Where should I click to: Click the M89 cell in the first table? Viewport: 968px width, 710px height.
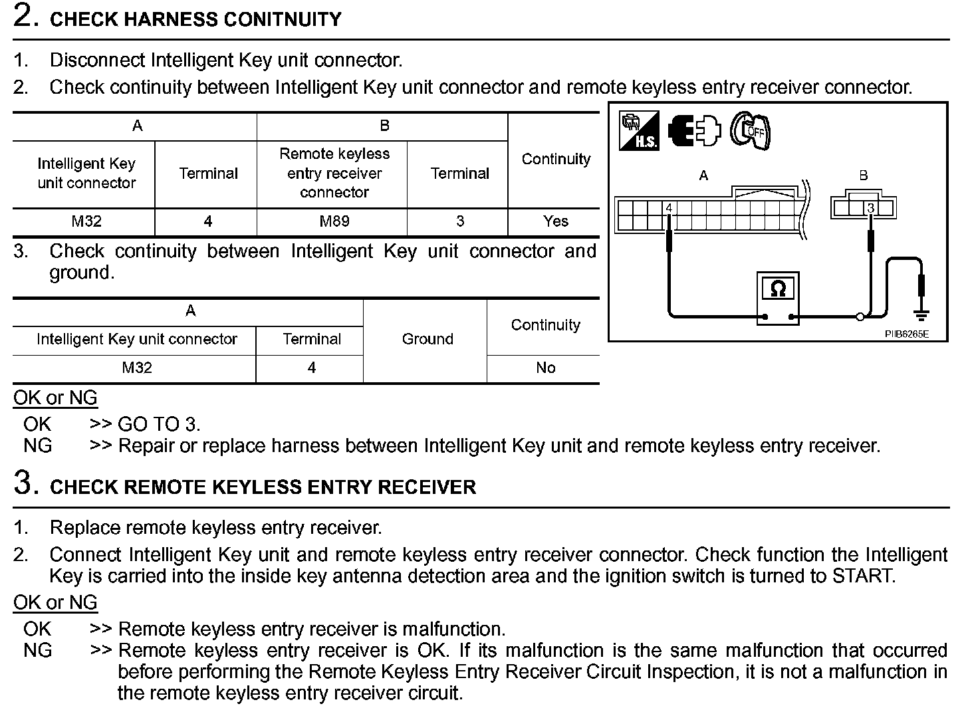334,221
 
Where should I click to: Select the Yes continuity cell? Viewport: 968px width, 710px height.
555,221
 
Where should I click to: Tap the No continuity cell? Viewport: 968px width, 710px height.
545,368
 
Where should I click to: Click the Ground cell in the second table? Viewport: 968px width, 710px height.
427,339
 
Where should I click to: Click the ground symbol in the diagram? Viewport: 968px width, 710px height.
921,314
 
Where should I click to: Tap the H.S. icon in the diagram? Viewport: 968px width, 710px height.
639,130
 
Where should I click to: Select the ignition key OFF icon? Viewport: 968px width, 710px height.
751,130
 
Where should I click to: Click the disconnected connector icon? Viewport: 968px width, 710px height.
694,130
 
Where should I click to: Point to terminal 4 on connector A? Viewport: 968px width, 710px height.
669,208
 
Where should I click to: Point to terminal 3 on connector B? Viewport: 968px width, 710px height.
870,208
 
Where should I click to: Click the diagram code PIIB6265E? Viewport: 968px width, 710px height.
906,334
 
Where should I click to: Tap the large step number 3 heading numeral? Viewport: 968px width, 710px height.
24,483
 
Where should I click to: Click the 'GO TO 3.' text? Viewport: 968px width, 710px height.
159,424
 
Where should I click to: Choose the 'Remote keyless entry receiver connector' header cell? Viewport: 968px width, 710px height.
334,173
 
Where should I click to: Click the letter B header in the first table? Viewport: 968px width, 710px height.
384,126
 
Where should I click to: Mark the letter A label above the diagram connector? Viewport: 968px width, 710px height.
703,176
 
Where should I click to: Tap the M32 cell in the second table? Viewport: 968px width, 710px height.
137,368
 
